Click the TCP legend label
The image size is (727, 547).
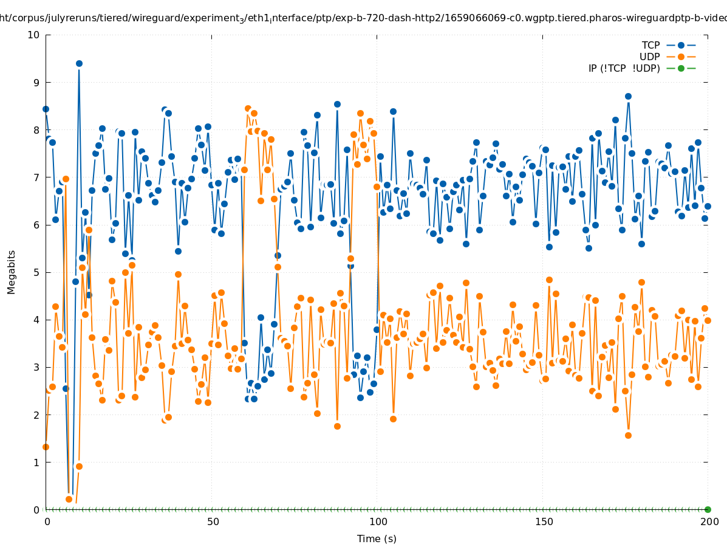click(650, 45)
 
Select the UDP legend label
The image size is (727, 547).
click(650, 57)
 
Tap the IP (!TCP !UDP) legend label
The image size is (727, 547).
click(624, 68)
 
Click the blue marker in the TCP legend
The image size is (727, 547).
click(681, 45)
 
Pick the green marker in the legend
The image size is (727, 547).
click(681, 68)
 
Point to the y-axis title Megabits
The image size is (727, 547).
click(12, 272)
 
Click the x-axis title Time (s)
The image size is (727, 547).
click(377, 538)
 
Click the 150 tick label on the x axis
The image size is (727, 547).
click(543, 521)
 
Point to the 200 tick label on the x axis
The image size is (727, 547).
click(709, 521)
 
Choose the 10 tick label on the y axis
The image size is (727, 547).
click(34, 35)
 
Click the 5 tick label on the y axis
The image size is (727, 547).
click(37, 272)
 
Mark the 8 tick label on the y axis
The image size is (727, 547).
click(37, 129)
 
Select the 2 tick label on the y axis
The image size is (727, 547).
click(37, 415)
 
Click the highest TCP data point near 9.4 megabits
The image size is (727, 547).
click(79, 63)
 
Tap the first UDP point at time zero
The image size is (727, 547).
click(46, 447)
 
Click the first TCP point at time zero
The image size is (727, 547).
click(46, 109)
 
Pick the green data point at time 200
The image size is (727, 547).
click(708, 509)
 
